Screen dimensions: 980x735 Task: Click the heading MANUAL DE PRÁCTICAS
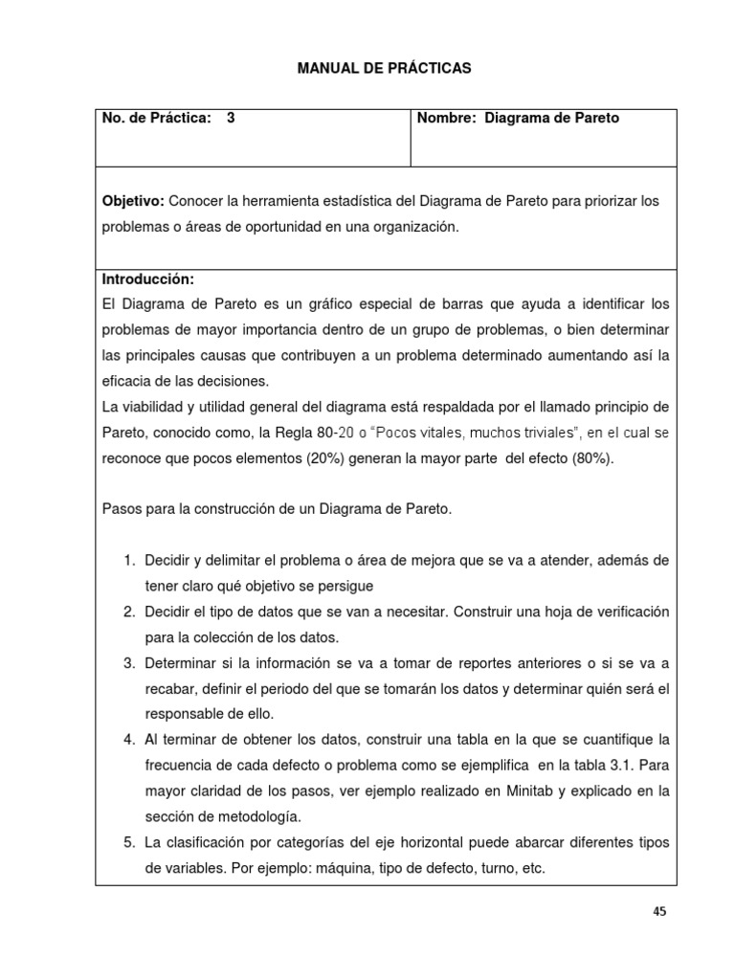point(371,68)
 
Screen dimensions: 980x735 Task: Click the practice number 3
point(231,119)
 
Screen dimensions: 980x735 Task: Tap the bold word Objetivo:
point(133,201)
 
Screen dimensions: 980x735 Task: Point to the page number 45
point(659,912)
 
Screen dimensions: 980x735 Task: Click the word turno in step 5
point(479,869)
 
